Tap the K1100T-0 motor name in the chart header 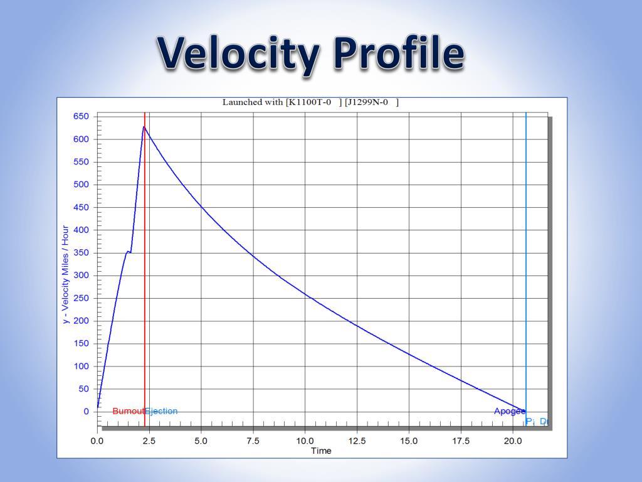[309, 102]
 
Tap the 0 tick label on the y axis [86, 412]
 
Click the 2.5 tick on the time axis [149, 441]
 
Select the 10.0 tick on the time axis [305, 441]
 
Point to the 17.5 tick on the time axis [461, 441]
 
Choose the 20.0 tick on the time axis [513, 441]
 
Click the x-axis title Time [321, 451]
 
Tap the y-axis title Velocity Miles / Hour [65, 275]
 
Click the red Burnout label [128, 412]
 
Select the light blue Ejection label [162, 412]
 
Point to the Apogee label [509, 412]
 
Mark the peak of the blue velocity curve [144, 127]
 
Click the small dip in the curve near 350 [130, 252]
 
